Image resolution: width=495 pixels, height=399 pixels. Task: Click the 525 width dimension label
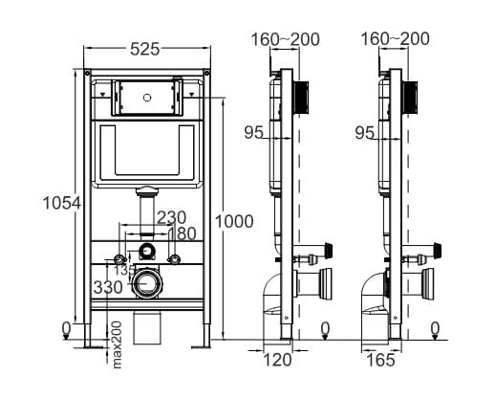pyautogui.click(x=145, y=50)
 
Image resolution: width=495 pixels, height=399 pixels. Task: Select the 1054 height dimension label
pyautogui.click(x=62, y=203)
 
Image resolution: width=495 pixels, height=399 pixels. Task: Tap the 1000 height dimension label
pyautogui.click(x=234, y=221)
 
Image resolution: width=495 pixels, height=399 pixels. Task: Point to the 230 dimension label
pyautogui.click(x=171, y=218)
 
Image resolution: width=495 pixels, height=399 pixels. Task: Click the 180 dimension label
pyautogui.click(x=182, y=233)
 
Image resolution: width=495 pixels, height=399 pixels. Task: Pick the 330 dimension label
pyautogui.click(x=108, y=287)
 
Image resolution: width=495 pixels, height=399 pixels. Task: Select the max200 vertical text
pyautogui.click(x=117, y=344)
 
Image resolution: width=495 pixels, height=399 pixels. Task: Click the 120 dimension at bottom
pyautogui.click(x=277, y=360)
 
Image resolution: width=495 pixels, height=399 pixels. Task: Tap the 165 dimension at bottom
pyautogui.click(x=380, y=361)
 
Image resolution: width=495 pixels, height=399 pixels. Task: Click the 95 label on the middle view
pyautogui.click(x=254, y=132)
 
